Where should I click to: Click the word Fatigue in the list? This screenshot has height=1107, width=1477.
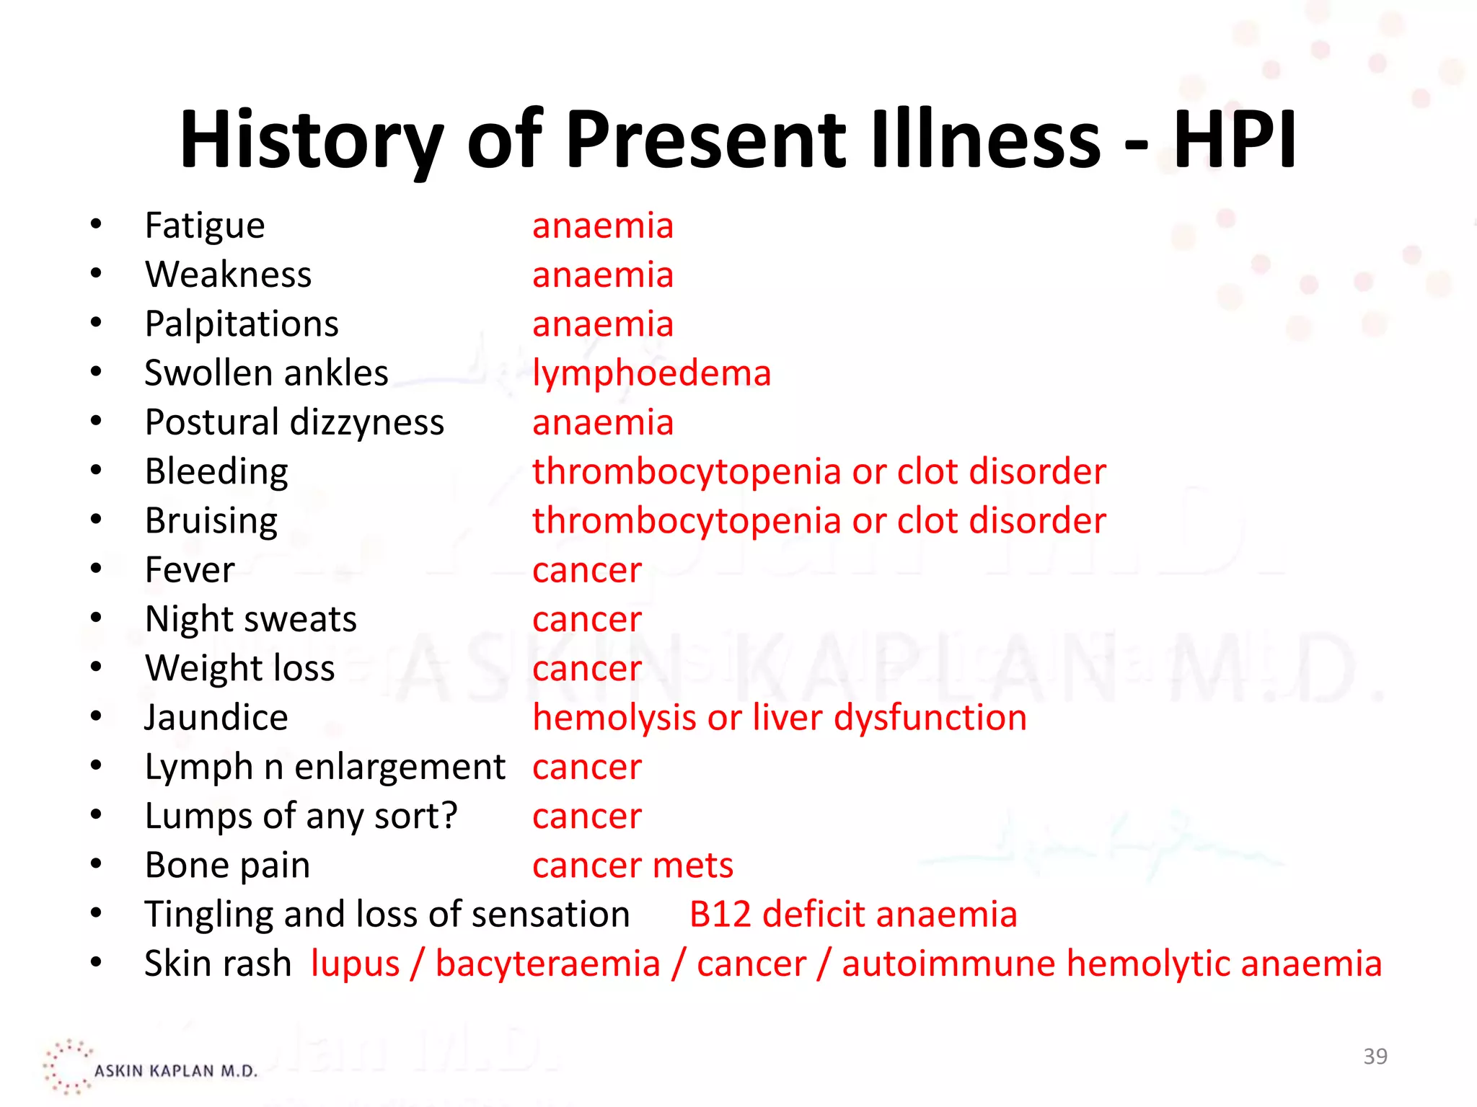coord(205,226)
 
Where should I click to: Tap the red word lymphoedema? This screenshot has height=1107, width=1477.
coord(651,374)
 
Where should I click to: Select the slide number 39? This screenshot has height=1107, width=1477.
coord(1375,1057)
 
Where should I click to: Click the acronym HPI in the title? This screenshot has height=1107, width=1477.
coord(1235,140)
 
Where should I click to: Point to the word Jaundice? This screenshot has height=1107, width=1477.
coord(216,719)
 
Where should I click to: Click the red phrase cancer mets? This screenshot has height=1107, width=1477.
coord(632,866)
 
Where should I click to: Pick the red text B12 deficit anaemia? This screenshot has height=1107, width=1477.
coord(852,915)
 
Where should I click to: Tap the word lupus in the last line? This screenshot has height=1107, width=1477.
coord(355,964)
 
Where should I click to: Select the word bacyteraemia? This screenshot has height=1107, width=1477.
coord(547,964)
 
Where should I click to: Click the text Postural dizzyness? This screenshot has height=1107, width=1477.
coord(294,423)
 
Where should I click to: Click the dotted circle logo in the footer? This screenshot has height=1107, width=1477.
coord(66,1067)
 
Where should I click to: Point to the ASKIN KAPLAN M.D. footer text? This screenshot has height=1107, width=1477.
coord(175,1071)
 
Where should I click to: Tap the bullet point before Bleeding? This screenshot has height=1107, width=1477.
coord(96,471)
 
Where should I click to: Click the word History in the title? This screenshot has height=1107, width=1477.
coord(310,140)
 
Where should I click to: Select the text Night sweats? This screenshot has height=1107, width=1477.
coord(250,620)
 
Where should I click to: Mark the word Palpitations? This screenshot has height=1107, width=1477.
coord(242,324)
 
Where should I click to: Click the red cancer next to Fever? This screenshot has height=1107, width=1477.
coord(586,571)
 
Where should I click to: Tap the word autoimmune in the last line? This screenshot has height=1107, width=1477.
coord(948,964)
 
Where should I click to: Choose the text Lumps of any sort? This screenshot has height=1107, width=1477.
coord(301,817)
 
